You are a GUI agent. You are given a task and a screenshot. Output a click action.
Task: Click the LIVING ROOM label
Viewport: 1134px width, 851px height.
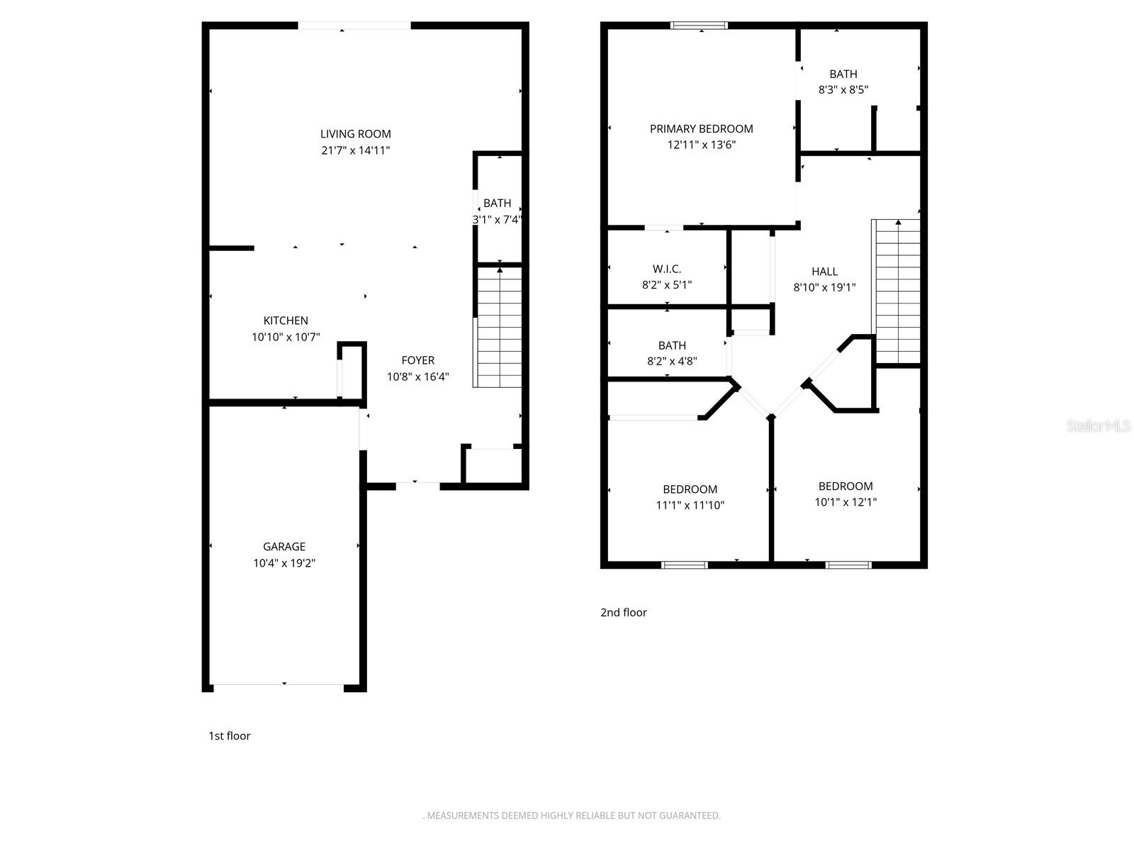pos(355,134)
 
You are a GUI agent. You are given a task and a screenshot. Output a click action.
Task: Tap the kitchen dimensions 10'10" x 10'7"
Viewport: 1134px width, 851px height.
pos(286,337)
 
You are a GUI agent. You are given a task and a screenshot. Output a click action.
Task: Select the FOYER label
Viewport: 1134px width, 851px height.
pos(417,360)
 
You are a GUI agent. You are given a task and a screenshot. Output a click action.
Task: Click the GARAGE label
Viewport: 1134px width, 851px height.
pos(284,546)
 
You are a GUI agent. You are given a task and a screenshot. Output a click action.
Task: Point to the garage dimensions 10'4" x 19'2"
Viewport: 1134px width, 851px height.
pos(284,563)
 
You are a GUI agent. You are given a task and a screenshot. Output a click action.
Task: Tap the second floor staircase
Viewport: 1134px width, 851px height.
pos(898,292)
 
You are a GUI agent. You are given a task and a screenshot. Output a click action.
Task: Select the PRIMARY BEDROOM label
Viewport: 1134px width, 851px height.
pos(701,128)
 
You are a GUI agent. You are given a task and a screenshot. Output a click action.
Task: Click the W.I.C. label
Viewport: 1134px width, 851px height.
pos(666,269)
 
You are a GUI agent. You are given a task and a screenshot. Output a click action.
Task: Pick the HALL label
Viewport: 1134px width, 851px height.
pos(824,271)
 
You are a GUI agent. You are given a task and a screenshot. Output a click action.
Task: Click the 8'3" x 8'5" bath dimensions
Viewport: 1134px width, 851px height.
pos(843,90)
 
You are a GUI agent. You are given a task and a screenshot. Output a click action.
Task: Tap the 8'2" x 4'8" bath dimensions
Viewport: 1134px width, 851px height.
pos(671,361)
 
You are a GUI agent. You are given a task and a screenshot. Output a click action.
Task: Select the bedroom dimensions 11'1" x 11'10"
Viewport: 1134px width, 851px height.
pos(690,506)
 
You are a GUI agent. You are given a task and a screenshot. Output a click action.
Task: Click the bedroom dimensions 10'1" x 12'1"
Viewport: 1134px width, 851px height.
pos(846,502)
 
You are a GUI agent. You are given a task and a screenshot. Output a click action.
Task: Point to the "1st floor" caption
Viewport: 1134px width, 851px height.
pos(229,735)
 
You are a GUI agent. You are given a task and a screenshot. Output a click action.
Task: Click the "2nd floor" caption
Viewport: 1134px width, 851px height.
pos(623,612)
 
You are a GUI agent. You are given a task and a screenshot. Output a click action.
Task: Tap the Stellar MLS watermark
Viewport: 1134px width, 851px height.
pos(1098,425)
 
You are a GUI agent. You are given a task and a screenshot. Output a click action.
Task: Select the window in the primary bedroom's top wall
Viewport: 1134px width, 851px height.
pos(700,26)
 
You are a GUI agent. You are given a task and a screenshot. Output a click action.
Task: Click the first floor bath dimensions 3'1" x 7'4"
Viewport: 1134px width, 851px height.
pos(498,220)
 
